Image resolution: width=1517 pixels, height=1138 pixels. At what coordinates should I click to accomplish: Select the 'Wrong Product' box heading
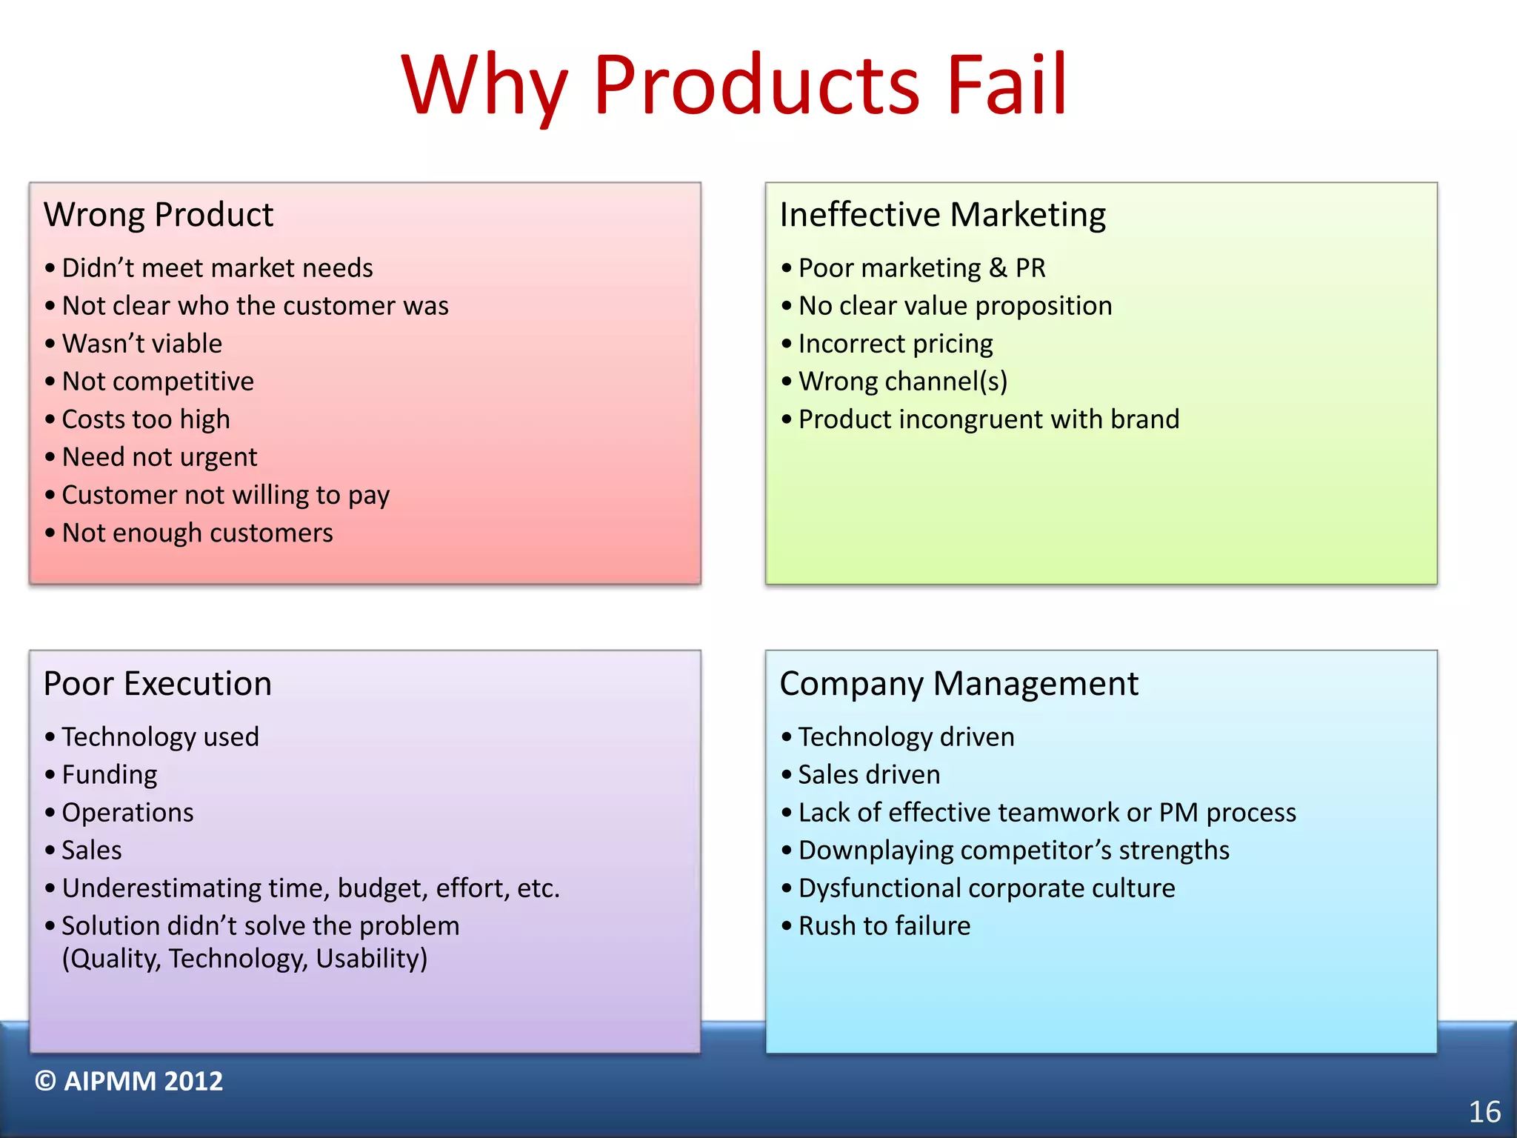point(159,215)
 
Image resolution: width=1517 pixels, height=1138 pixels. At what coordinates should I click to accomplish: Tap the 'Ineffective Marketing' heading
point(942,215)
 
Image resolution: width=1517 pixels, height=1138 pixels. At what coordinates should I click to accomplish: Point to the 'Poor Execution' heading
point(158,683)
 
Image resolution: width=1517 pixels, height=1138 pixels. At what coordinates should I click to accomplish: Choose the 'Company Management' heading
point(958,683)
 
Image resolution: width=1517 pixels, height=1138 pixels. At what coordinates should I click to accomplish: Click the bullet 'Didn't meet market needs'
point(217,268)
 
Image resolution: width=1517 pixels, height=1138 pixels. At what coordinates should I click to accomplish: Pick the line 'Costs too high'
point(146,419)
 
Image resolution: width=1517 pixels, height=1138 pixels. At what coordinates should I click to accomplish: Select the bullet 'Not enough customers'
point(197,533)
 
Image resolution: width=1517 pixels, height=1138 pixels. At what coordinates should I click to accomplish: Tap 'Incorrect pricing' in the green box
point(895,344)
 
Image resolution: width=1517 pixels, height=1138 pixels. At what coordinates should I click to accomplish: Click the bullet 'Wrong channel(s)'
point(902,382)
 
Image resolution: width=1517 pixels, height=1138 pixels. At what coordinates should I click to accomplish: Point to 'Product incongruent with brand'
point(988,419)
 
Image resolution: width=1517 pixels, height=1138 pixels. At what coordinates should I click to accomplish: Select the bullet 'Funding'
point(110,775)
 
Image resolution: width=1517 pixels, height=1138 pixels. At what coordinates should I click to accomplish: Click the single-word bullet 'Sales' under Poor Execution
point(92,851)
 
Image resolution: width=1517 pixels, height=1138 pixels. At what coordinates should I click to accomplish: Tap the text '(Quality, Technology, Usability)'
point(244,959)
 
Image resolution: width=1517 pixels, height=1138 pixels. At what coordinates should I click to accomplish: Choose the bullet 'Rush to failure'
point(884,926)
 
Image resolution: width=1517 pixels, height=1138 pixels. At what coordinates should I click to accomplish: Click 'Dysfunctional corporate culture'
point(986,888)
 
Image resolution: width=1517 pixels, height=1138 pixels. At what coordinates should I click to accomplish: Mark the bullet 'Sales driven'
point(869,775)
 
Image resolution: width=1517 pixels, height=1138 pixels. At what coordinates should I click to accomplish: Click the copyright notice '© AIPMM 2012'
point(129,1082)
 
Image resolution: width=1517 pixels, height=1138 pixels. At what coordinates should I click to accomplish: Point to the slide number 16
point(1484,1112)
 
